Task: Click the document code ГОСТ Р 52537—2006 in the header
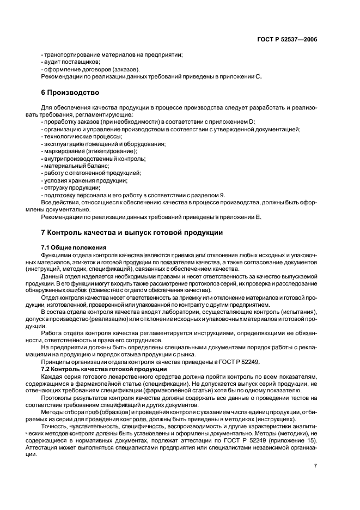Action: tap(288, 40)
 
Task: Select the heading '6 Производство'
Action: tap(70, 93)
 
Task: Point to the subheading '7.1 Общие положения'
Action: tap(74, 248)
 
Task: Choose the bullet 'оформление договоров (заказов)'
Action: tap(90, 70)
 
